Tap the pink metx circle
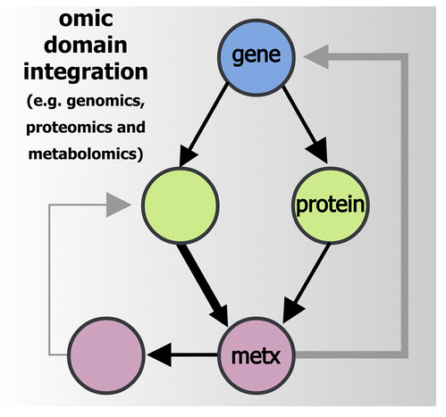pyautogui.click(x=256, y=357)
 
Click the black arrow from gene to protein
pyautogui.click(x=297, y=128)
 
